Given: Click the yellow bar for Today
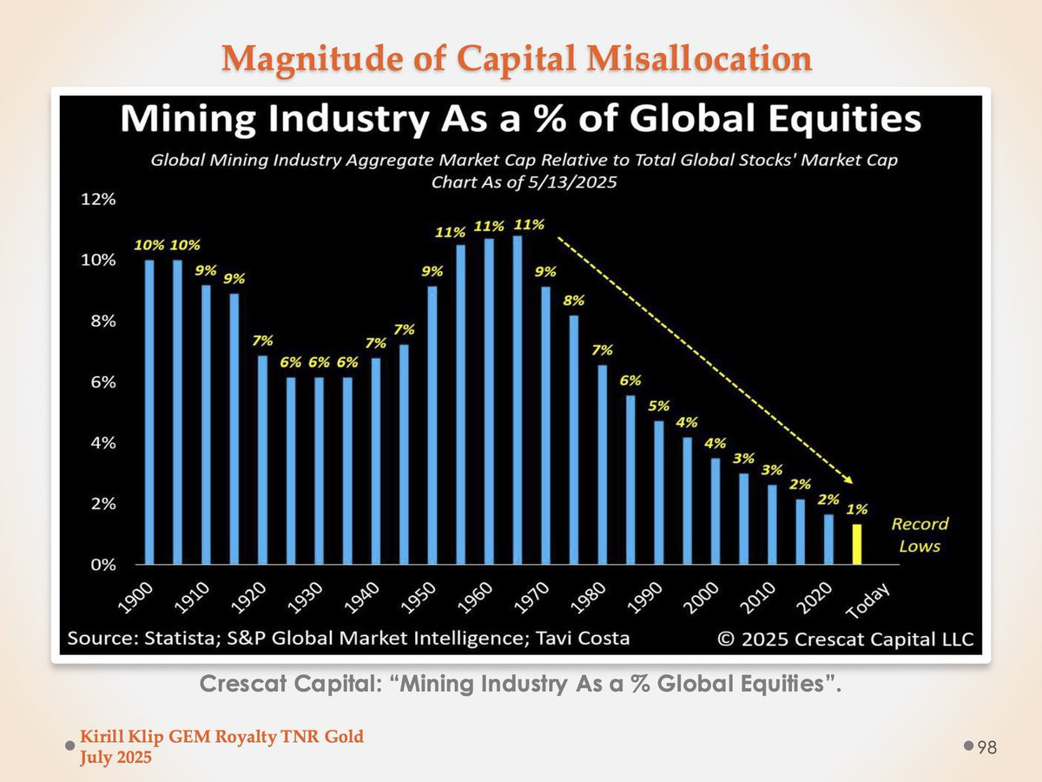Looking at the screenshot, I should (x=857, y=544).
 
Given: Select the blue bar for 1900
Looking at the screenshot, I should (x=149, y=413).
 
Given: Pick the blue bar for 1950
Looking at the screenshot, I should (x=432, y=426).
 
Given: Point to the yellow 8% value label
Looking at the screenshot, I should (x=574, y=301).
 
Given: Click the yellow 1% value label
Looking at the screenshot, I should (x=858, y=509).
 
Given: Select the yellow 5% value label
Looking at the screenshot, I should (x=659, y=406).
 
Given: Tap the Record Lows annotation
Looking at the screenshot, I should (x=920, y=534).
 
